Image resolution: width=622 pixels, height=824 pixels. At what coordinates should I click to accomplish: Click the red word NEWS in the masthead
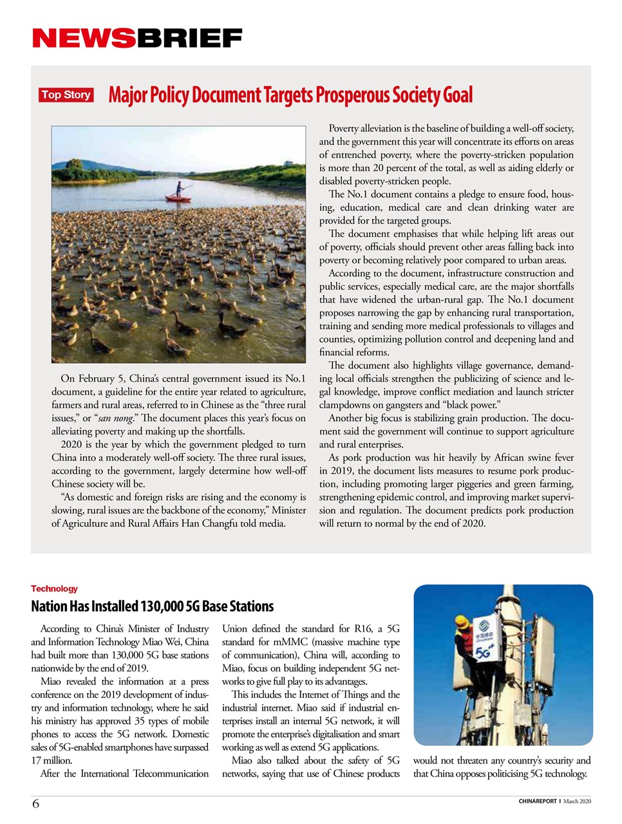coord(84,39)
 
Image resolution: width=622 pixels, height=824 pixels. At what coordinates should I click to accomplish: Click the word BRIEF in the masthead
coord(189,39)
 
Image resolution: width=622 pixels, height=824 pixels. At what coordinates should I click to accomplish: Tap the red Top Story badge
coord(66,95)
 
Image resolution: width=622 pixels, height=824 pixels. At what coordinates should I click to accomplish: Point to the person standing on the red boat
coord(178,188)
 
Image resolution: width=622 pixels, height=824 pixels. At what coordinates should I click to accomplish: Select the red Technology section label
coord(54,588)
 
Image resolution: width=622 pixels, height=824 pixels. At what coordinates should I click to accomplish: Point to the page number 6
coord(35,803)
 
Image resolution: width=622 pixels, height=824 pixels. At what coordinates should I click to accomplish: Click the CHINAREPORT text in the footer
coord(538,801)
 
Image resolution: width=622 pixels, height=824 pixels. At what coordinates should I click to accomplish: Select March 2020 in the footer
coord(577,801)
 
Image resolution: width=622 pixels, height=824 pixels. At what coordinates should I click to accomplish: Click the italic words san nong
coord(115,418)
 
